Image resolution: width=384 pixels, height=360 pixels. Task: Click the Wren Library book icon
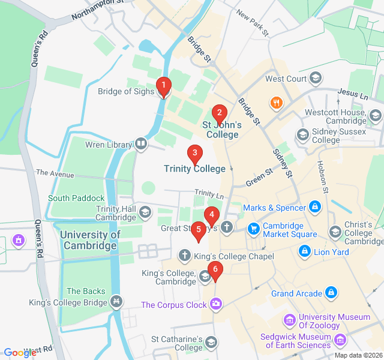pyautogui.click(x=140, y=143)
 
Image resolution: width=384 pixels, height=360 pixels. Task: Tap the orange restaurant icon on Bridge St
pyautogui.click(x=276, y=103)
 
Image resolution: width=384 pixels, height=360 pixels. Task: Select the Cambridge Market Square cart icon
pyautogui.click(x=254, y=228)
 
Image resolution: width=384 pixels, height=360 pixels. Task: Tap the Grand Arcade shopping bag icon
pyautogui.click(x=331, y=293)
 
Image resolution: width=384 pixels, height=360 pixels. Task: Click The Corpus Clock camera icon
pyautogui.click(x=216, y=305)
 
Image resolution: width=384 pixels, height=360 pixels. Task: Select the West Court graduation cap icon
pyautogui.click(x=316, y=79)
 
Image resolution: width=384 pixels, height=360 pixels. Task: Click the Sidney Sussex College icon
pyautogui.click(x=303, y=134)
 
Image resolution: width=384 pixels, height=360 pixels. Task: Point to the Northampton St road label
pyautogui.click(x=97, y=10)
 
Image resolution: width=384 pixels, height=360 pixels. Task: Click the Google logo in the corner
pyautogui.click(x=20, y=353)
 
